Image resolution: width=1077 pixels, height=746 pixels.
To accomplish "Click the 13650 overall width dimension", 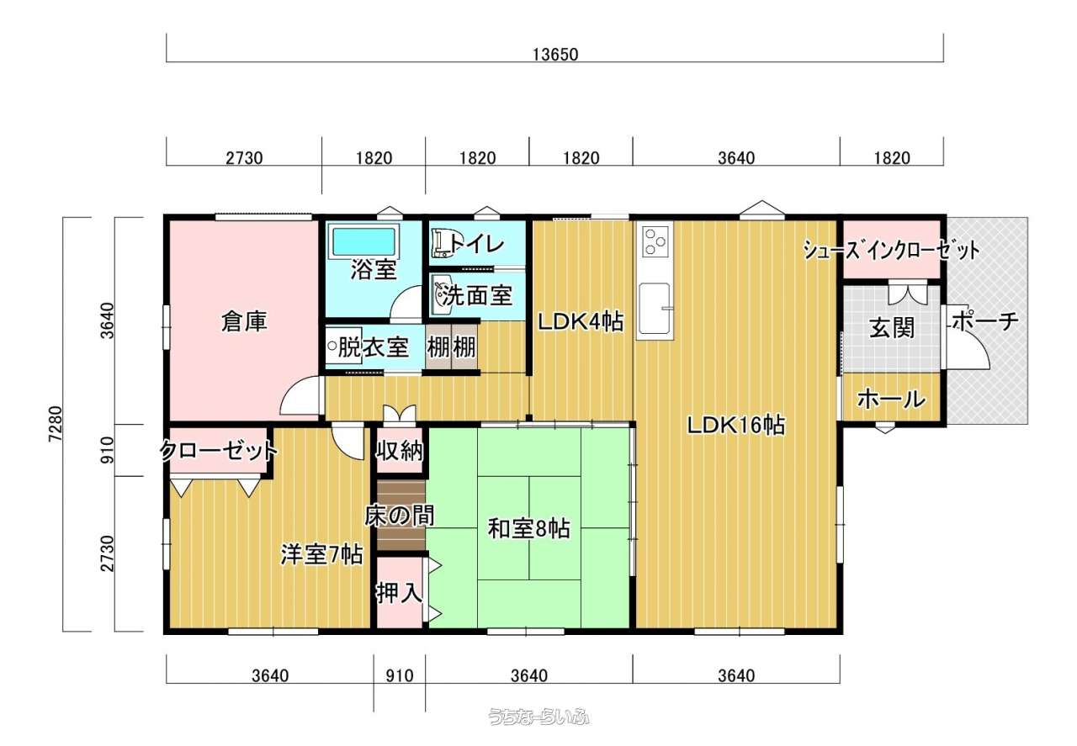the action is tap(554, 55).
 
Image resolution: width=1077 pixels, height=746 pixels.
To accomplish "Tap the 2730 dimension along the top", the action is tap(244, 158).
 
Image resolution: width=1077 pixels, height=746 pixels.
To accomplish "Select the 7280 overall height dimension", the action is tap(56, 424).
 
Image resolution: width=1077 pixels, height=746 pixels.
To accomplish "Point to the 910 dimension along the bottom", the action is tap(399, 676).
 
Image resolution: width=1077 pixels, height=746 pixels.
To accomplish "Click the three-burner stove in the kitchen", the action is tap(655, 240).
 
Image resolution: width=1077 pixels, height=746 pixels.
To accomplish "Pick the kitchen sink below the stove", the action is tap(654, 308).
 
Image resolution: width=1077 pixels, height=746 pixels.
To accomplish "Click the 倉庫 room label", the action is tap(244, 321).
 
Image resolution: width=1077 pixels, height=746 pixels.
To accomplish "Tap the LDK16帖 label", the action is tap(735, 426).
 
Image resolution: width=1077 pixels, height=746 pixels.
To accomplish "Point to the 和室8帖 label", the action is tap(529, 528).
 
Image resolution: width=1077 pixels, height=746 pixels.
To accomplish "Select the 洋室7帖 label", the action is tap(321, 555).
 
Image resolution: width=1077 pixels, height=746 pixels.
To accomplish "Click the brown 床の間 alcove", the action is tap(401, 516).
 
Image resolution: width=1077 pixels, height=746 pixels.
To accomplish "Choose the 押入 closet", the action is tap(400, 592).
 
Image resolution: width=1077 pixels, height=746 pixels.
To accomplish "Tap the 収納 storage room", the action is tap(400, 451).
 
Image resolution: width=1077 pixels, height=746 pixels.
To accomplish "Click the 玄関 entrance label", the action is tap(892, 328).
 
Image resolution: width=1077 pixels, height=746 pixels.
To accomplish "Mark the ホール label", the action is tap(891, 399).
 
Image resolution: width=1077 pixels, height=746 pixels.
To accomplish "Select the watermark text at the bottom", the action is tap(538, 717).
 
